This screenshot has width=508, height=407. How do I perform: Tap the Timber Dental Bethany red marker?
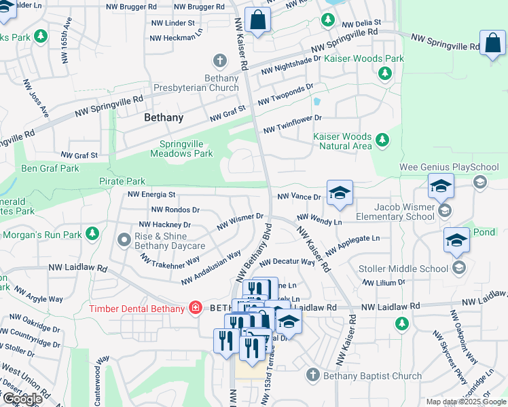pos(196,309)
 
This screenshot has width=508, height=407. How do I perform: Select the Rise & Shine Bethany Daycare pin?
pos(124,239)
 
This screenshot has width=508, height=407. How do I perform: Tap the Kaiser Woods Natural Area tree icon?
pos(382,140)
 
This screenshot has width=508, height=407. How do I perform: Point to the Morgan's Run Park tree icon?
pos(92,235)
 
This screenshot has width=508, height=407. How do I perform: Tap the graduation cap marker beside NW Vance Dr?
pos(340,193)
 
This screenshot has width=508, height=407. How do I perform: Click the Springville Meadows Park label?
pos(186,149)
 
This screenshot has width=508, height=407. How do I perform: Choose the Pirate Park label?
pos(122,181)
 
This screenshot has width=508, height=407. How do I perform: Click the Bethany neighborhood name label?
pos(164,117)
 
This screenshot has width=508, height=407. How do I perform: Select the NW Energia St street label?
pos(152,195)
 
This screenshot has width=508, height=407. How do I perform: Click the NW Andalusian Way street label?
pos(211,268)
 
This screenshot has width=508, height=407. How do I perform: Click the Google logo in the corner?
pos(22,399)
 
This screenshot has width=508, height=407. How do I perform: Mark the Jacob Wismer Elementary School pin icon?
pos(445,211)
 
